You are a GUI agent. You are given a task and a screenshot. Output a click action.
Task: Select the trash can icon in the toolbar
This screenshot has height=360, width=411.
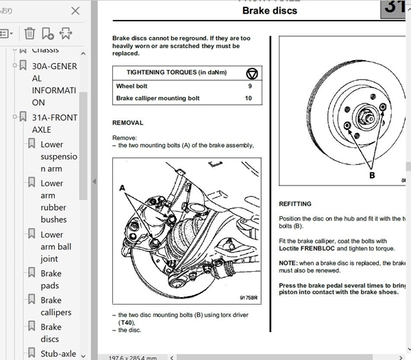(x=29, y=33)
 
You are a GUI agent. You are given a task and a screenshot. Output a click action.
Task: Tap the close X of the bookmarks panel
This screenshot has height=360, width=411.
(x=75, y=10)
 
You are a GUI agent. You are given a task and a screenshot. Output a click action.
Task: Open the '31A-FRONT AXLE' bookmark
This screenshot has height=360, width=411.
(x=55, y=123)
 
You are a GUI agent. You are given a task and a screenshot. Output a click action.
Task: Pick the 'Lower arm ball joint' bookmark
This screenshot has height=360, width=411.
(x=55, y=246)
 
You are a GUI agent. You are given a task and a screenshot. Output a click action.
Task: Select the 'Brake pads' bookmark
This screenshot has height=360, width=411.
(x=51, y=280)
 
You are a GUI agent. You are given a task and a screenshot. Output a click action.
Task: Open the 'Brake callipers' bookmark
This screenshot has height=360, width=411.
(x=55, y=306)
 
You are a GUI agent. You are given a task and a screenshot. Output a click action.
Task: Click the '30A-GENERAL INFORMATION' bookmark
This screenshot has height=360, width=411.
(x=55, y=84)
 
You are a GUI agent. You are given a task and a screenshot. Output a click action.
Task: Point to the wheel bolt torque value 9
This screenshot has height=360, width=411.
(x=249, y=86)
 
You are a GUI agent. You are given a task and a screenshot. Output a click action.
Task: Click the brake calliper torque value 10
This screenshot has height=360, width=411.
(x=248, y=99)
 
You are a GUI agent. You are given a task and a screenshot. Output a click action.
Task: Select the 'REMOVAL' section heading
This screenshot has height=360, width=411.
(x=127, y=123)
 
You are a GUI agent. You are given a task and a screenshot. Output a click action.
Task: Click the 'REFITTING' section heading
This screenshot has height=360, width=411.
(x=295, y=204)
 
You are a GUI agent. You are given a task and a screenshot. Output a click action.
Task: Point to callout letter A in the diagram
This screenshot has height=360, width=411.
(x=123, y=187)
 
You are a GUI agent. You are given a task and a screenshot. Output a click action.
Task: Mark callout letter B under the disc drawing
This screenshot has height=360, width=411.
(x=372, y=175)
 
